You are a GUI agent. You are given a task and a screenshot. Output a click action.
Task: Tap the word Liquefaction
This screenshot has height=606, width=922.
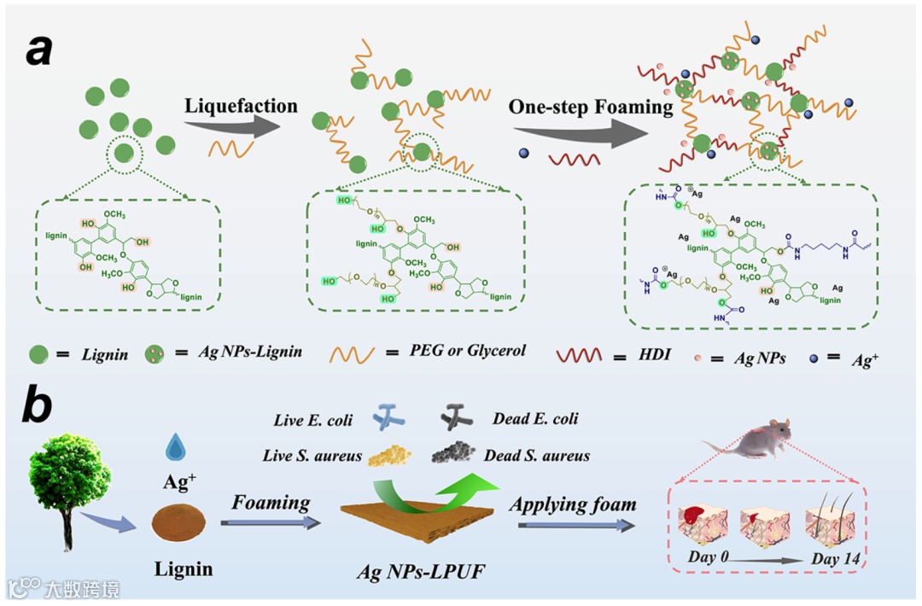(241, 107)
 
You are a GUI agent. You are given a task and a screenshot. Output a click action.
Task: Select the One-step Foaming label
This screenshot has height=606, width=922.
(591, 108)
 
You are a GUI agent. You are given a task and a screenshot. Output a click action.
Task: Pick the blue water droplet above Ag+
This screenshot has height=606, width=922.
(175, 446)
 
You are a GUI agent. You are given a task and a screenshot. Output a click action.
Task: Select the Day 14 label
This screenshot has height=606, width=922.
(835, 560)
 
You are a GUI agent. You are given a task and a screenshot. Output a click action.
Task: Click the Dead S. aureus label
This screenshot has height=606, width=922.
(536, 455)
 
